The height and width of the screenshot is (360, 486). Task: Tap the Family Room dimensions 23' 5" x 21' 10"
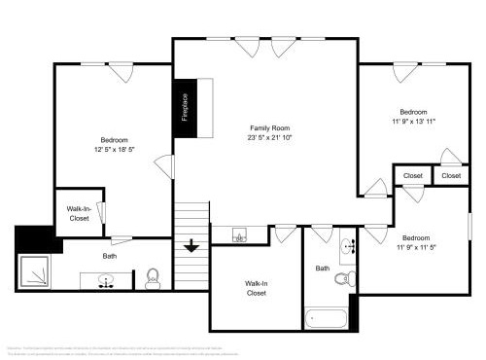(x=269, y=138)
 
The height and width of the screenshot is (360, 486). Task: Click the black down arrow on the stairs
(x=191, y=245)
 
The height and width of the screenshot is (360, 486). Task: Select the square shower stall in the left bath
(x=36, y=270)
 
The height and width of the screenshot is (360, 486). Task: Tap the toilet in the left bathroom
(x=152, y=279)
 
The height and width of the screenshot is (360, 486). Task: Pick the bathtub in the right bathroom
(x=326, y=318)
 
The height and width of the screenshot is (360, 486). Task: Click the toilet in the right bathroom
(x=341, y=279)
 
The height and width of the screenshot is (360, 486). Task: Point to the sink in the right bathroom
(x=349, y=243)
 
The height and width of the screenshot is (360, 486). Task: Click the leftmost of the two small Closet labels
(x=413, y=176)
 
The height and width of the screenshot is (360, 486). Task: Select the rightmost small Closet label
(x=451, y=176)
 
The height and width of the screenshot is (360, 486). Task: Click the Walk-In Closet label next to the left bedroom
(x=79, y=213)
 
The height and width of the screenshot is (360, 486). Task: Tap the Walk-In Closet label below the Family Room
(x=256, y=288)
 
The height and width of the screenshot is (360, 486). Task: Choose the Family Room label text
(x=269, y=128)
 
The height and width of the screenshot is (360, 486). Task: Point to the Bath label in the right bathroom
(x=322, y=268)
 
